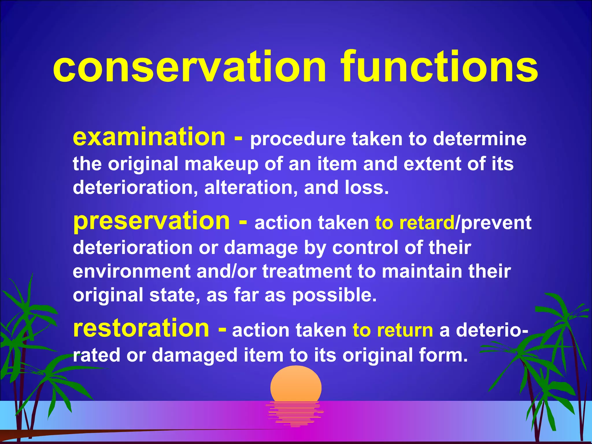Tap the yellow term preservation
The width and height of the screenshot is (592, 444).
click(x=151, y=221)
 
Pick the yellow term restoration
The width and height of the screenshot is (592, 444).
click(x=141, y=329)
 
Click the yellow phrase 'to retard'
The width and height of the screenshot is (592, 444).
click(x=415, y=223)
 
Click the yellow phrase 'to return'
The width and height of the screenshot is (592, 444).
click(x=393, y=330)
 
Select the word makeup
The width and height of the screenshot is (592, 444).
click(x=221, y=164)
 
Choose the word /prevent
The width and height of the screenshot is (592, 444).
click(x=493, y=223)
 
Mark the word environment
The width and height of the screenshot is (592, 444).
click(x=131, y=271)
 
